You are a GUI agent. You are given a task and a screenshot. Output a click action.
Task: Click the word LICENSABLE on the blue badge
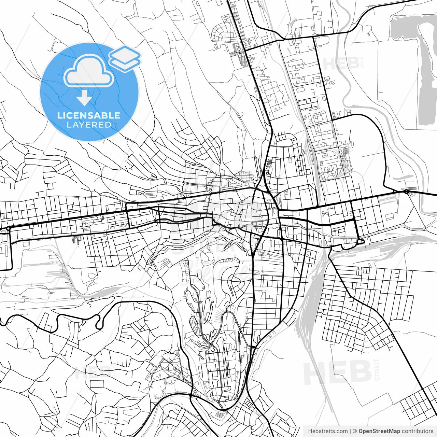point(89,115)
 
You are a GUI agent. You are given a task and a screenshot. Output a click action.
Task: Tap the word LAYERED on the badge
point(89,125)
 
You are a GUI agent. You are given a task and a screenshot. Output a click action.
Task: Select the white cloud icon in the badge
point(89,71)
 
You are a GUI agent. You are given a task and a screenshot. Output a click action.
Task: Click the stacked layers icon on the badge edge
point(125,58)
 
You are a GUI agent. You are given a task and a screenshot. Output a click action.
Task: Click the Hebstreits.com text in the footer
point(328,431)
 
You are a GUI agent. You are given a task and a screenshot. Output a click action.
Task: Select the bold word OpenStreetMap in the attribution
point(379,431)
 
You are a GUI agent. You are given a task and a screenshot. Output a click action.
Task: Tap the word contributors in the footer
point(418,431)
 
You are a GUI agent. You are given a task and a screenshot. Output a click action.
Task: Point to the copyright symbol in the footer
point(355,431)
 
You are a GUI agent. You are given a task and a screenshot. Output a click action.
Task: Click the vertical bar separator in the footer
point(350,431)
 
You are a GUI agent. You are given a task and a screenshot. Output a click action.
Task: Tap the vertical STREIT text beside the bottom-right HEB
point(377,369)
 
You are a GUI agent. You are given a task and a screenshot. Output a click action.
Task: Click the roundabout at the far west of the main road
point(8,228)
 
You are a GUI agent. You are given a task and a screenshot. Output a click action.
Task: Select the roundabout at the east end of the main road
point(406,192)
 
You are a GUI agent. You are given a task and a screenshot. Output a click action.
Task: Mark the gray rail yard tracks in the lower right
point(311,300)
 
